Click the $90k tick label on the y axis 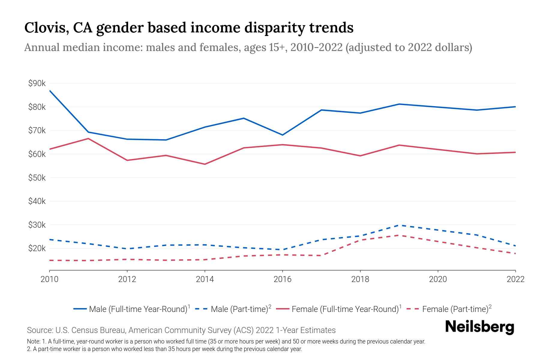pyautogui.click(x=37, y=83)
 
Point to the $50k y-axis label pyautogui.click(x=37, y=178)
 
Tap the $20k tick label pyautogui.click(x=37, y=248)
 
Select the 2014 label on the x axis pyautogui.click(x=205, y=279)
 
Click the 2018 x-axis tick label pyautogui.click(x=360, y=279)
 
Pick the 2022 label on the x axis pyautogui.click(x=515, y=279)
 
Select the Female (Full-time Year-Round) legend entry pyautogui.click(x=345, y=309)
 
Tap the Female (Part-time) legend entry pyautogui.click(x=455, y=309)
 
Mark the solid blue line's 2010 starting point pyautogui.click(x=50, y=91)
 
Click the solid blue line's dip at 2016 pyautogui.click(x=282, y=135)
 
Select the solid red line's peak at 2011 pyautogui.click(x=88, y=139)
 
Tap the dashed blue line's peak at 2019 pyautogui.click(x=399, y=225)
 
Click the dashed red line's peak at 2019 pyautogui.click(x=399, y=235)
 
